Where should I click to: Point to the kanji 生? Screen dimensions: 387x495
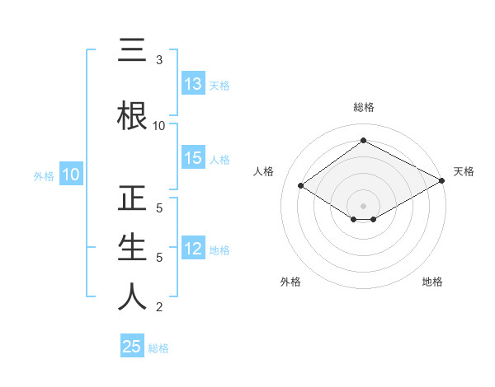click(132, 248)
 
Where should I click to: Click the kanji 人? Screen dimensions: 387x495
click(132, 297)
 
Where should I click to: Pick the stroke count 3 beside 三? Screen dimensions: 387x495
click(159, 60)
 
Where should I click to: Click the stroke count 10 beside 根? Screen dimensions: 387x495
click(159, 125)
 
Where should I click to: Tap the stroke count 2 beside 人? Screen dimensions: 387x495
click(159, 307)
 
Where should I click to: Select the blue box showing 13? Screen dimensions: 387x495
click(193, 84)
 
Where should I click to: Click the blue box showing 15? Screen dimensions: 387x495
click(193, 159)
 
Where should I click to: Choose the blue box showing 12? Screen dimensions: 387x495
click(193, 249)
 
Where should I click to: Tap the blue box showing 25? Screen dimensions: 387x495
click(132, 347)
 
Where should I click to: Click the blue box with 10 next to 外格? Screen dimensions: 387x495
click(70, 175)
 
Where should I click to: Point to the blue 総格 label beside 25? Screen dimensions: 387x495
click(158, 348)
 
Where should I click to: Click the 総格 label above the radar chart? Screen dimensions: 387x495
click(363, 107)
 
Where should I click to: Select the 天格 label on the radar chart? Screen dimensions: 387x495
click(464, 171)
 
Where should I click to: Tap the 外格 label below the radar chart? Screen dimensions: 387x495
click(290, 282)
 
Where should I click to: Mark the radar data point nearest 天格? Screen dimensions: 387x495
click(443, 181)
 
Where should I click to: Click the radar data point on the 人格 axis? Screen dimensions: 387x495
click(301, 186)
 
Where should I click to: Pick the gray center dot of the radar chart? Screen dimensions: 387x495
click(363, 204)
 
